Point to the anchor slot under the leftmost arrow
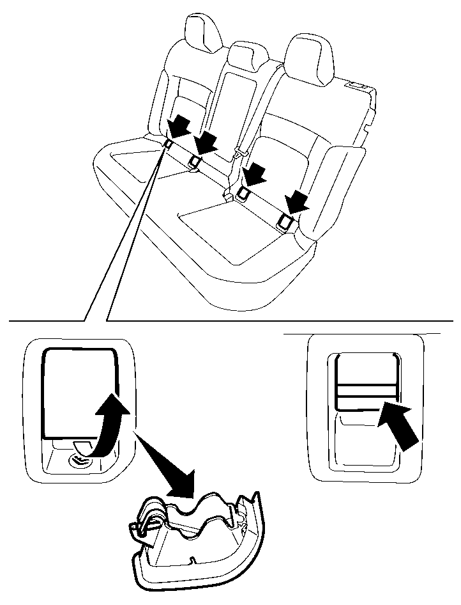point(167,145)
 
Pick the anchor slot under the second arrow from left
point(195,161)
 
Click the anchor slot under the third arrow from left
point(243,191)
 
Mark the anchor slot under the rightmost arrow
point(284,221)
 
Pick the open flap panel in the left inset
point(79,391)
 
